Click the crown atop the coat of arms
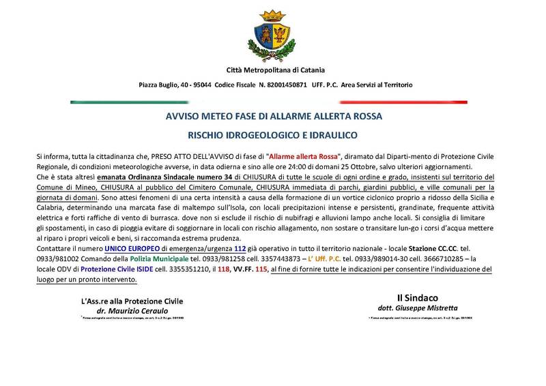275,14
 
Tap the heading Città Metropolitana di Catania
275,70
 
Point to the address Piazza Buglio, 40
168,85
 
